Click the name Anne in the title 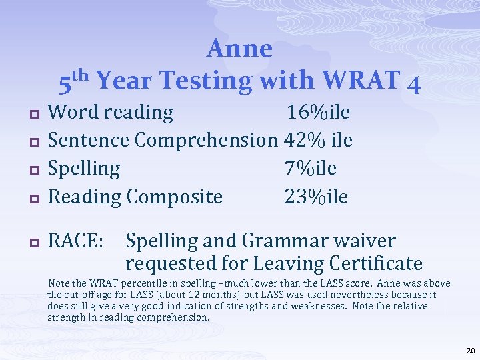(240, 49)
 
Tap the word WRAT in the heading (359, 81)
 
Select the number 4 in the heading (413, 83)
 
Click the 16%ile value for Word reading (318, 112)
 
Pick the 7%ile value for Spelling (311, 168)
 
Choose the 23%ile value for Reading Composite (316, 196)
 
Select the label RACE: (76, 240)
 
